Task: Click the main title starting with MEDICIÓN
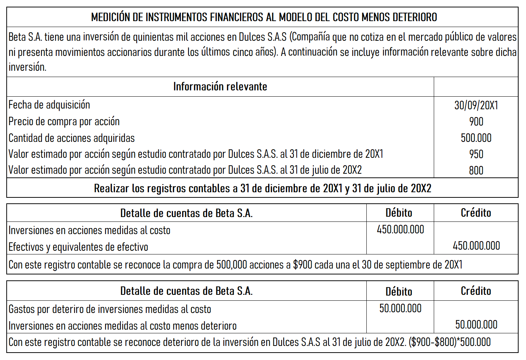(264, 17)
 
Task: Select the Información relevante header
(220, 87)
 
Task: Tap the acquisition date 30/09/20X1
(476, 105)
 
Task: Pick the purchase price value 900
(476, 121)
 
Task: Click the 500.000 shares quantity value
(476, 138)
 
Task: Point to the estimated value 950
(476, 154)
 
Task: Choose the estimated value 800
(476, 170)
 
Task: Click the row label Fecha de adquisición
(49, 105)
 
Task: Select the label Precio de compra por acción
(64, 121)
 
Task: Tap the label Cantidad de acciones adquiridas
(71, 138)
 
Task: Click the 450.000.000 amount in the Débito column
(400, 230)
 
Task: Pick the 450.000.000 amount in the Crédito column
(476, 246)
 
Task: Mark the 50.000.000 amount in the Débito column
(400, 308)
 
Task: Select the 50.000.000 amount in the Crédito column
(476, 324)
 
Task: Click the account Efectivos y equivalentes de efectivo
(78, 247)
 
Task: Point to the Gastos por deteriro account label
(110, 309)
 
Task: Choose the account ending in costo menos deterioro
(122, 326)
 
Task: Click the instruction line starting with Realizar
(262, 189)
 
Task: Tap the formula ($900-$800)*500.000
(450, 342)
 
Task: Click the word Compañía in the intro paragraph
(311, 37)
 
